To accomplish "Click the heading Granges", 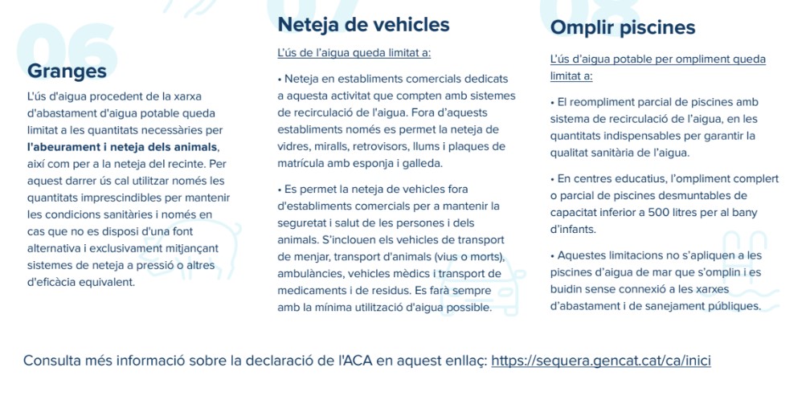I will [67, 71].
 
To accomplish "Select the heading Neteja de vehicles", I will [363, 25].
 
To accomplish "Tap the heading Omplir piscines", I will [622, 28].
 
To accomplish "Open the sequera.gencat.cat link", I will [600, 361].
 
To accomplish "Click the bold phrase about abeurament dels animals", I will [122, 147].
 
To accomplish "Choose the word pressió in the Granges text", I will [160, 265].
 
